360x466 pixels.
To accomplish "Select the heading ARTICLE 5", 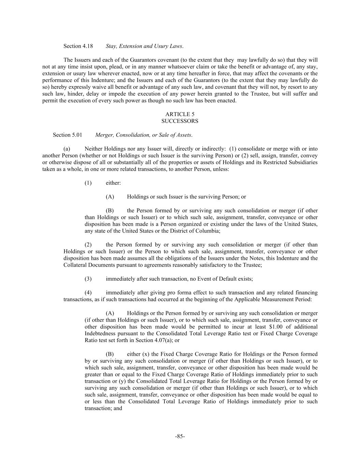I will tap(180, 114).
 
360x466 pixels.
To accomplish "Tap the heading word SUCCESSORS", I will tap(180, 121).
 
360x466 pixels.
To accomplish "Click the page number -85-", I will tap(180, 436).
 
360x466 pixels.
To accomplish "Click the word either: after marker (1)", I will tap(113, 183).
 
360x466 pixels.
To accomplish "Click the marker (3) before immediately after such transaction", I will tap(88, 279).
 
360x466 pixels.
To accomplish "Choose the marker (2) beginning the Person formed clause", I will tap(88, 245).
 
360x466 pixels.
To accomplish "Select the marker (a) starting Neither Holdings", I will tap(67, 149).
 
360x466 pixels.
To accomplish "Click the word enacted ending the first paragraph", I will tap(227, 101).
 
